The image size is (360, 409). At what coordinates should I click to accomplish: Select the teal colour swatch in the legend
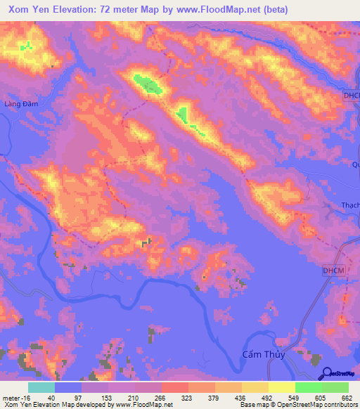pos(41,387)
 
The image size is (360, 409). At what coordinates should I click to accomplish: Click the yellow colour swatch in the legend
pos(281,387)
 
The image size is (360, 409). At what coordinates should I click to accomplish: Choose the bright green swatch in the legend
pos(308,387)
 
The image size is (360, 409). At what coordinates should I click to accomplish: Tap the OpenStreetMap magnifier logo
pos(327,374)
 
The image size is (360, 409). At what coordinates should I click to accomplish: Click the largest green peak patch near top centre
pos(148,85)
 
